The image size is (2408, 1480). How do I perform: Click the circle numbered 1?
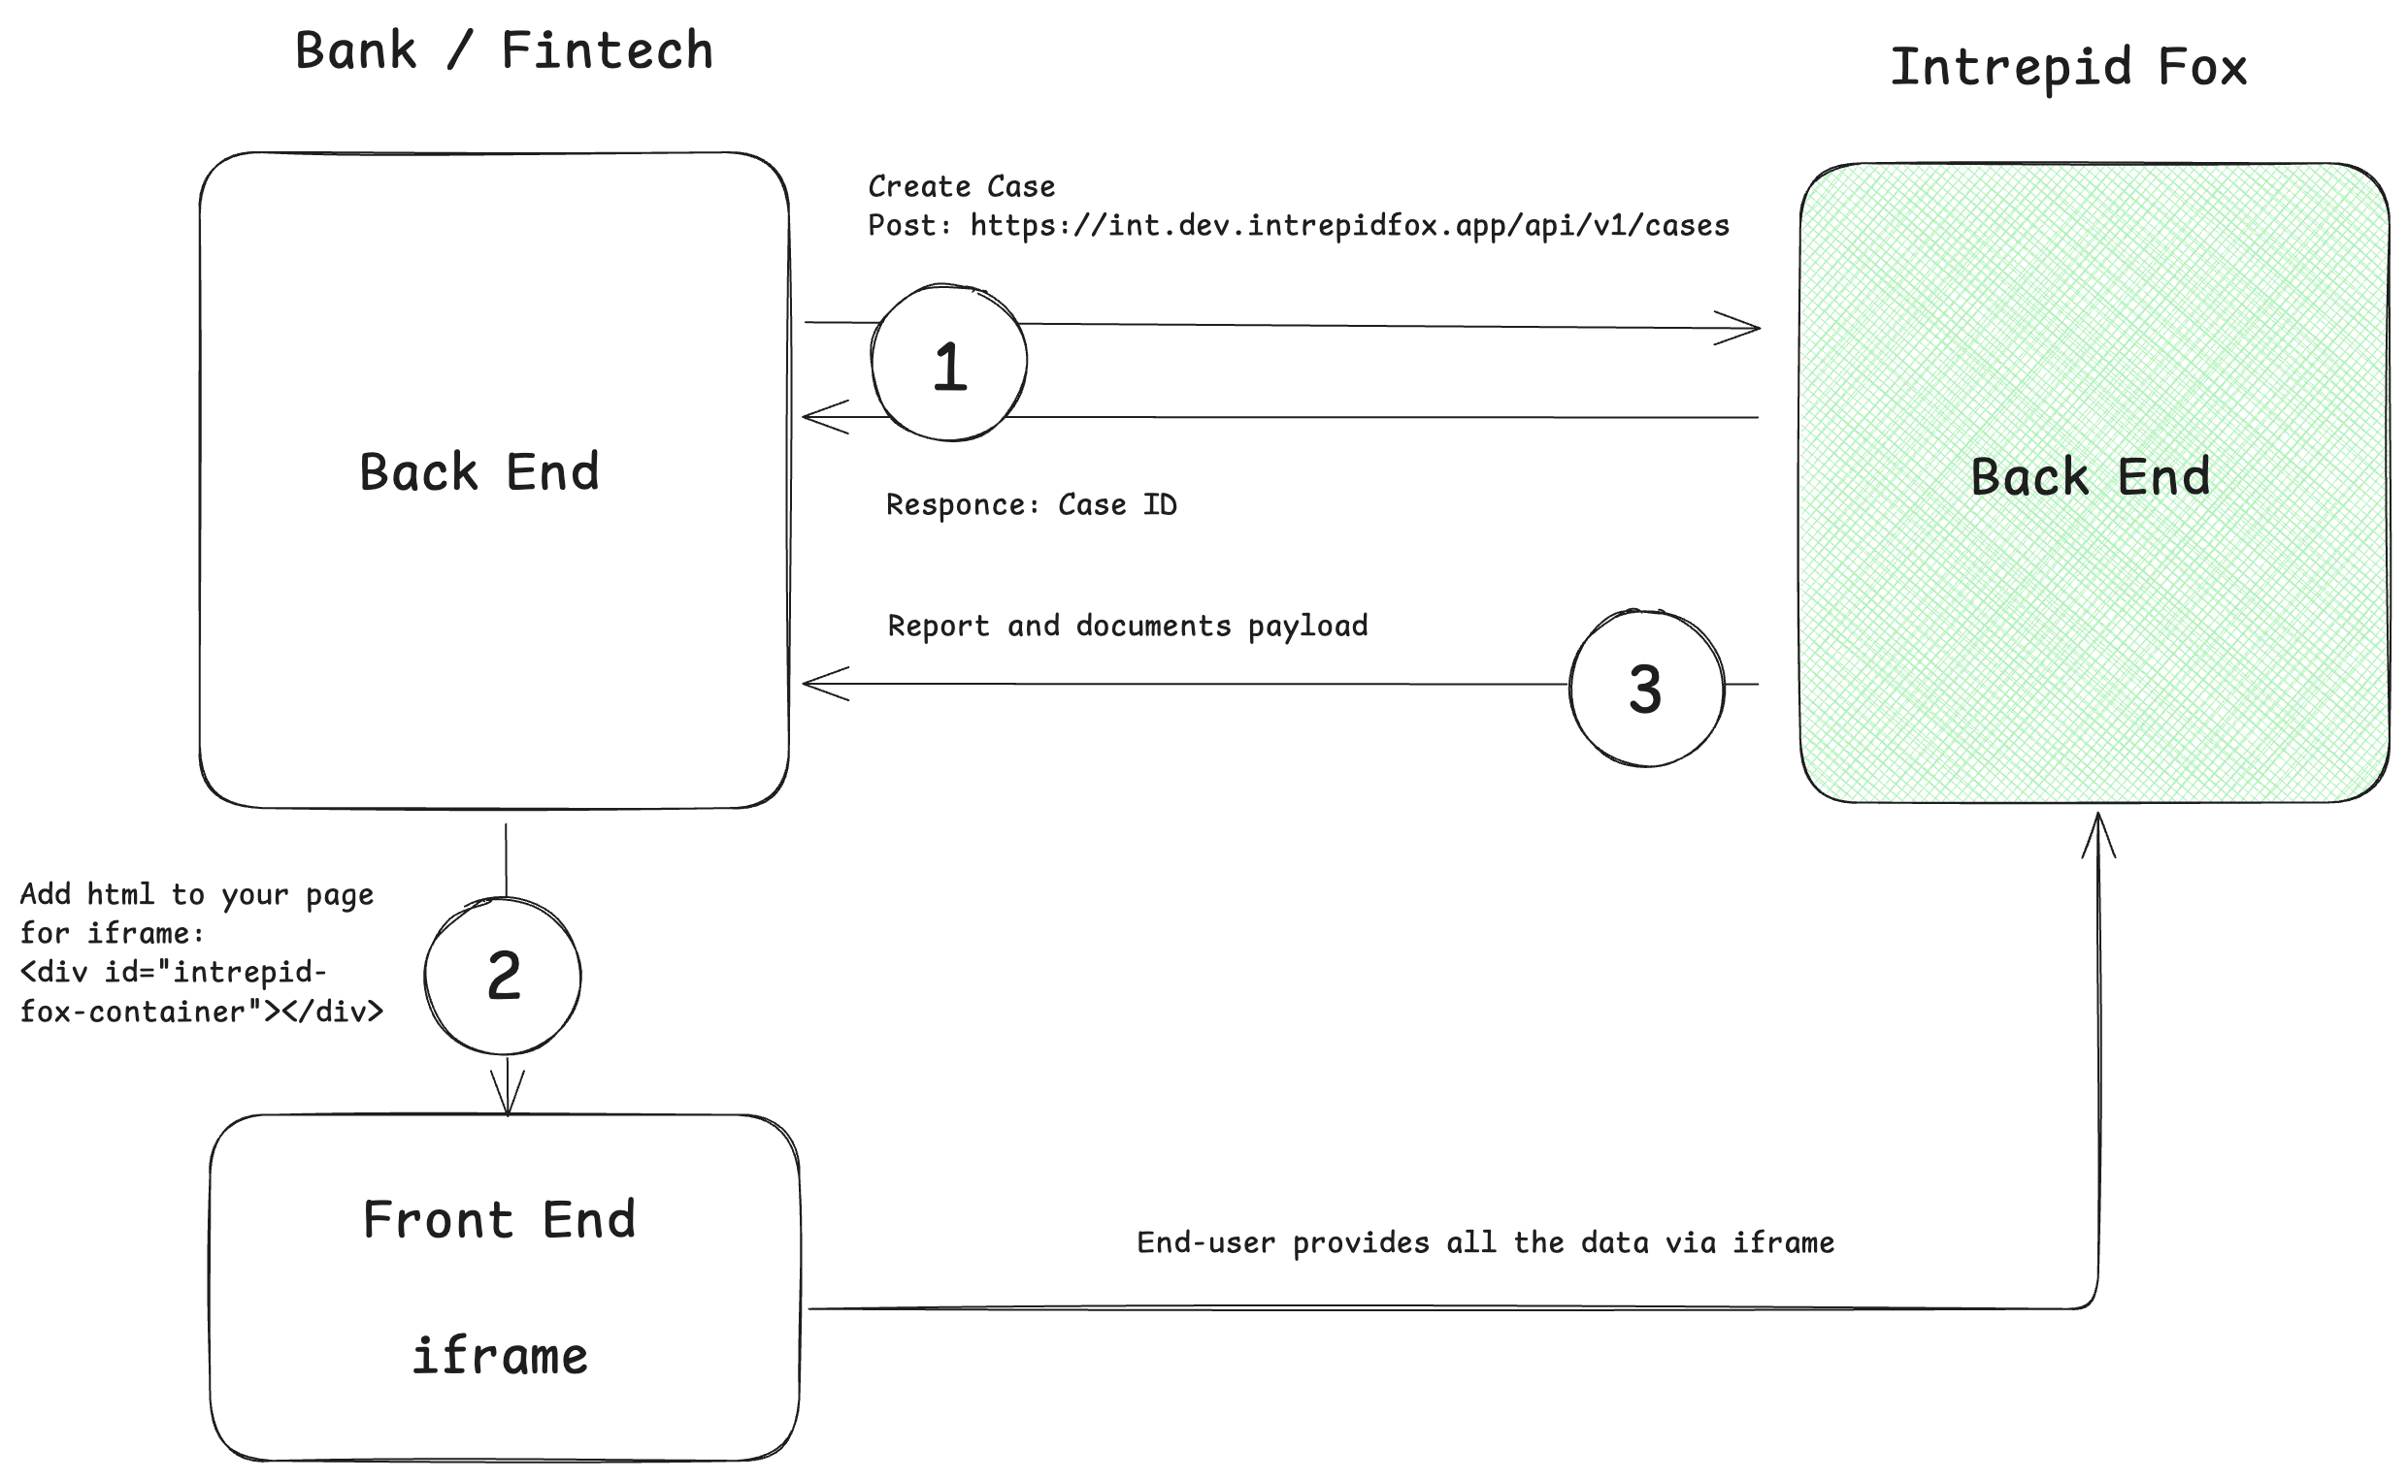click(x=949, y=363)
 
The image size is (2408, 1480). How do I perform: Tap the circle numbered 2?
click(x=504, y=976)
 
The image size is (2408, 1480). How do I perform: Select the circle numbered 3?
click(x=1646, y=689)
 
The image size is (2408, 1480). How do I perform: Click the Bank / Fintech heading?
click(x=504, y=50)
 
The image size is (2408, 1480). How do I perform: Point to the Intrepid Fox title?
click(x=2067, y=68)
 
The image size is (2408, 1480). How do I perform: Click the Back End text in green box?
click(x=2091, y=478)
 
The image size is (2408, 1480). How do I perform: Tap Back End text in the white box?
click(x=478, y=472)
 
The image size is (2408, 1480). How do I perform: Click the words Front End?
click(x=499, y=1221)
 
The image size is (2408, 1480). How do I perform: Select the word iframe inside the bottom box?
click(x=500, y=1357)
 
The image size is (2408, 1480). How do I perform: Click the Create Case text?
click(x=961, y=186)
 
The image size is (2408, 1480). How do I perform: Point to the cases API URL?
click(x=1348, y=226)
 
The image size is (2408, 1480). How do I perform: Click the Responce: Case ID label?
click(x=1031, y=505)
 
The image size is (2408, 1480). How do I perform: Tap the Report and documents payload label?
click(x=1127, y=627)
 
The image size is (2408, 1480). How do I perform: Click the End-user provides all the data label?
click(x=1485, y=1243)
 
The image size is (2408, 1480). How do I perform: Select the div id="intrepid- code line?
click(x=174, y=973)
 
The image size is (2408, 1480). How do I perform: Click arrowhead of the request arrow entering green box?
click(x=1741, y=328)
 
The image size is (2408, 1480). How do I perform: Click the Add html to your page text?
click(x=197, y=894)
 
